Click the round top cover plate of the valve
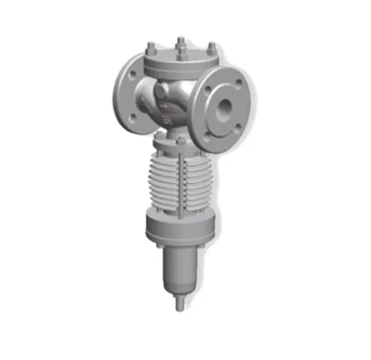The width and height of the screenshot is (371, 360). tap(181, 58)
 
